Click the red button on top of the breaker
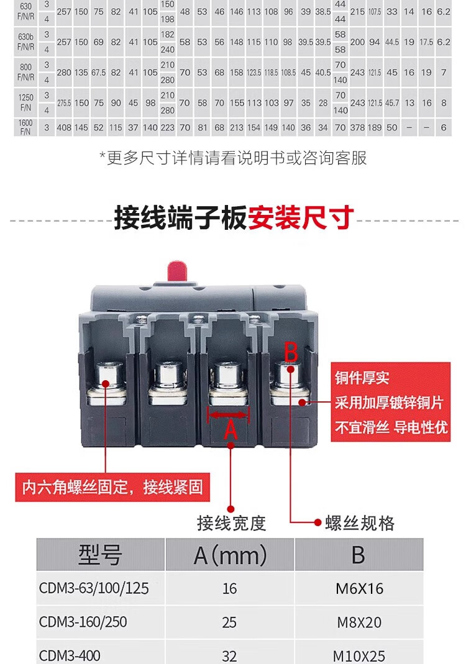tap(179, 271)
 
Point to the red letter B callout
tap(291, 352)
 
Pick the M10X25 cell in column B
tap(359, 655)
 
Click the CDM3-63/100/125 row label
tap(94, 588)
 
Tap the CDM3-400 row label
tap(70, 655)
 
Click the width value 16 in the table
tap(229, 588)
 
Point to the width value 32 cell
tap(229, 655)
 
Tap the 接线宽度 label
tap(231, 523)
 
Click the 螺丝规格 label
tap(360, 523)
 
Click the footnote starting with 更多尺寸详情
tap(233, 158)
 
